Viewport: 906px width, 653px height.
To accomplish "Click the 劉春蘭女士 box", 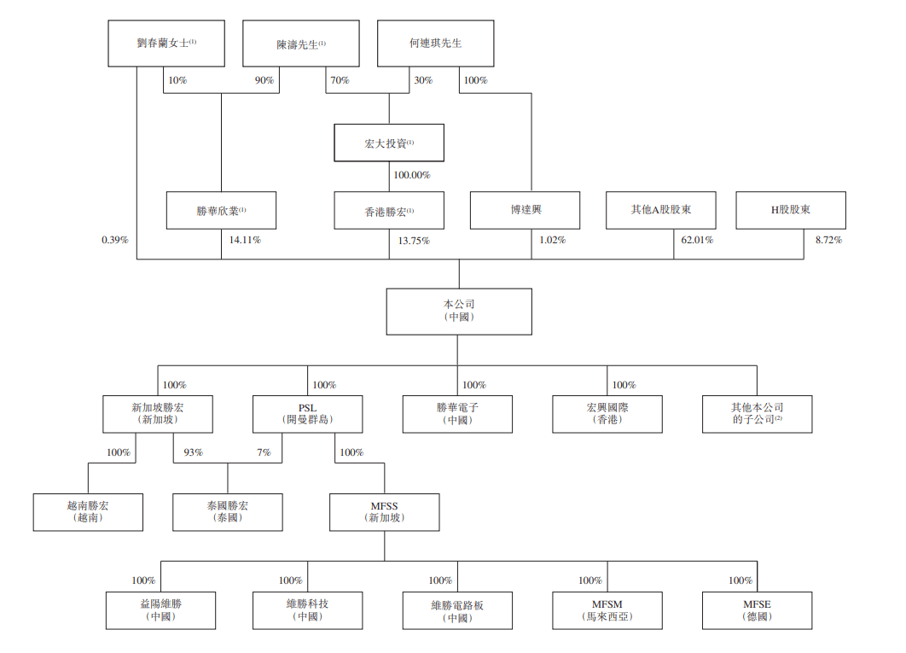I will point(166,44).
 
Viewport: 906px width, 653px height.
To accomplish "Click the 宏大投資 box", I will point(389,143).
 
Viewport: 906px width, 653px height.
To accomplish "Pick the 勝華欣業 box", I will point(221,210).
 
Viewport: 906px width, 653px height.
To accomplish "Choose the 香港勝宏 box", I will point(389,210).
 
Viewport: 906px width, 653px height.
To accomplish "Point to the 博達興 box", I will point(525,210).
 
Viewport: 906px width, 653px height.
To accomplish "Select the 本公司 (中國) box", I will point(459,311).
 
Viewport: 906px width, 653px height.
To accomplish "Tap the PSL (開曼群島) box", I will point(307,413).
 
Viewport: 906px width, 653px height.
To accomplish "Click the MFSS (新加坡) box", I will point(384,512).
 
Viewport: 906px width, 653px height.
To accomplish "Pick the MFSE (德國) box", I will point(757,610).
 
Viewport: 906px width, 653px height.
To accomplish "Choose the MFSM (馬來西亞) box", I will point(607,610).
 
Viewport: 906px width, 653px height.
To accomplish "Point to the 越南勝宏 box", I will point(88,512).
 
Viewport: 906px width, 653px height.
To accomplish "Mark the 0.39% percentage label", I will point(114,240).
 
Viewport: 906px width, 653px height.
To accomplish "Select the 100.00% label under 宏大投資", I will point(411,175).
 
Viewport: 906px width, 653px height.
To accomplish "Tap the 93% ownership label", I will point(193,452).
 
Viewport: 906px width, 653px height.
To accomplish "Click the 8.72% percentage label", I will point(828,240).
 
